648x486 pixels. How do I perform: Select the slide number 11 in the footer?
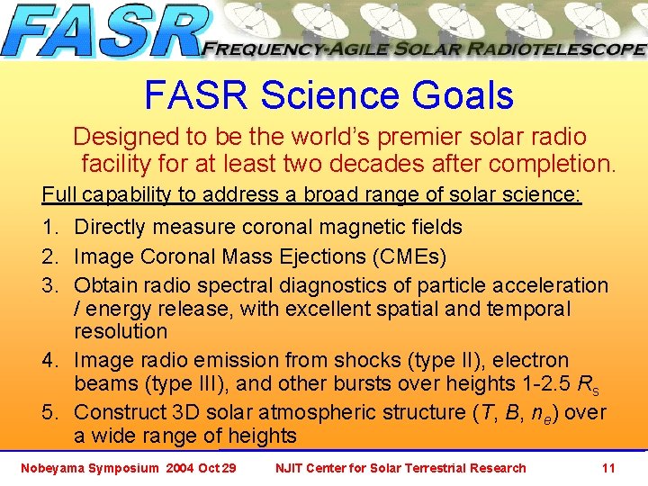(x=608, y=468)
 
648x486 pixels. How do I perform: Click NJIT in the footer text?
(x=291, y=468)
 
